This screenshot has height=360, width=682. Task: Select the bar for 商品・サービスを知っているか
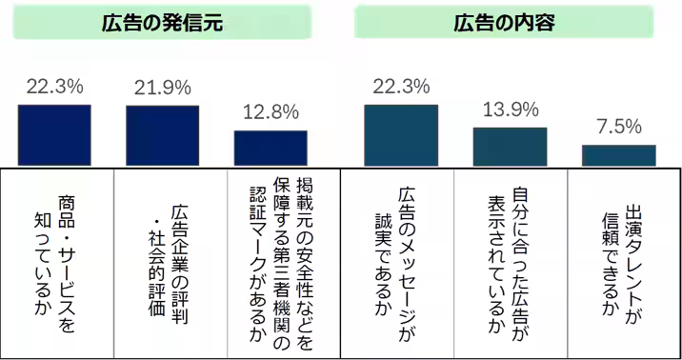(x=55, y=136)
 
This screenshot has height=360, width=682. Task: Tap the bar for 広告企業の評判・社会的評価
(x=163, y=137)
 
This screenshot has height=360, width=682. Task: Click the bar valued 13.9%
(x=511, y=148)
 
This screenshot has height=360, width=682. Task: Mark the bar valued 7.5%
(x=619, y=156)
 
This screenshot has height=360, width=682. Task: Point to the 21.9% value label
(x=163, y=87)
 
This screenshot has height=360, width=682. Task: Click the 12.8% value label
(x=271, y=112)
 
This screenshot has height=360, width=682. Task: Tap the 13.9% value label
(x=511, y=109)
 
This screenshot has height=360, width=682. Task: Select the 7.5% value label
(x=619, y=127)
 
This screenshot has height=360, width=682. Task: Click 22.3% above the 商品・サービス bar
(x=55, y=87)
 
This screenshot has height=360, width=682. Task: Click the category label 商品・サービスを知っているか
(x=55, y=262)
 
